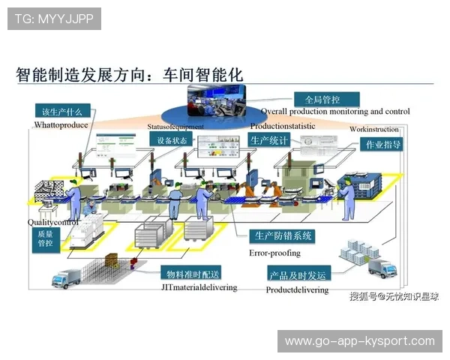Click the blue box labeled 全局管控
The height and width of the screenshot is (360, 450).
(322, 99)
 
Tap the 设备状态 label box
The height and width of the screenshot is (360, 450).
(168, 140)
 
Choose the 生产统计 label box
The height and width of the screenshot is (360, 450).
(269, 140)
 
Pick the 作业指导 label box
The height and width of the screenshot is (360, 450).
(382, 144)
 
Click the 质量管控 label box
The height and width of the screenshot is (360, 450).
(45, 238)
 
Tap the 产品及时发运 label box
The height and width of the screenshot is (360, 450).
(298, 274)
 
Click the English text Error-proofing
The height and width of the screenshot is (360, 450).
(274, 253)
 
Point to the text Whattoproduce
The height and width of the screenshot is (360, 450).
(61, 125)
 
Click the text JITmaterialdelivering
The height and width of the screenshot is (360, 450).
(199, 287)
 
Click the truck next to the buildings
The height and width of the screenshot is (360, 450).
(379, 268)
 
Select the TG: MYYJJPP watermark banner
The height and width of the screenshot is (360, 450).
(54, 18)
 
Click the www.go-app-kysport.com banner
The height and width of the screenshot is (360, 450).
(359, 341)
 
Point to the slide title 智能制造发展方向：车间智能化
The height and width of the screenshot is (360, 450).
(130, 75)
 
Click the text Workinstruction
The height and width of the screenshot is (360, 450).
(373, 130)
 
